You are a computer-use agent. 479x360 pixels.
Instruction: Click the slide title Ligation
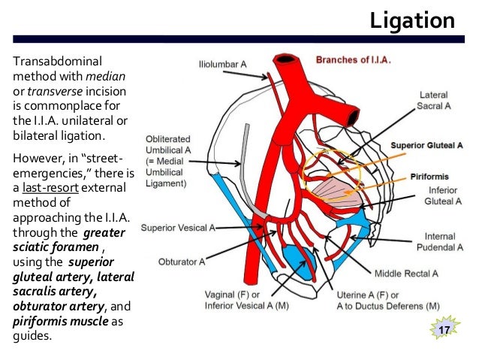point(413,20)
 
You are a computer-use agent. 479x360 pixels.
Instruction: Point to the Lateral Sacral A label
point(434,101)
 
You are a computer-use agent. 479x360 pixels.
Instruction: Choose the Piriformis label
point(430,177)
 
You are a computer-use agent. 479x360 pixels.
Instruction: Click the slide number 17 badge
point(443,330)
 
